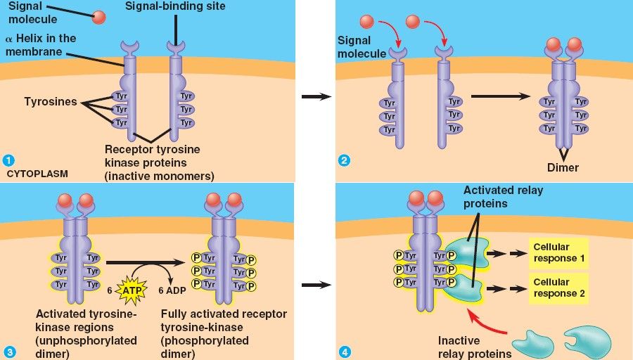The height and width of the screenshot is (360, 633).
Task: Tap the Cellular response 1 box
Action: pos(559,253)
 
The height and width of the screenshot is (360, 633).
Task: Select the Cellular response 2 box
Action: pos(559,288)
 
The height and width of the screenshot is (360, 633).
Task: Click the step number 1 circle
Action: pos(8,160)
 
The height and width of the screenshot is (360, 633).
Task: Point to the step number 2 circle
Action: pos(344,160)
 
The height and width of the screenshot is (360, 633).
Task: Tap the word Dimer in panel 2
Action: pos(563,168)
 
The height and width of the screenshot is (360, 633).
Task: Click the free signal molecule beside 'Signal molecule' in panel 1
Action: pos(99,16)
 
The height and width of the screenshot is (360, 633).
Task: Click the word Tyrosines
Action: pos(50,103)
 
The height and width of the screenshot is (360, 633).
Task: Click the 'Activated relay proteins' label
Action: pos(503,197)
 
